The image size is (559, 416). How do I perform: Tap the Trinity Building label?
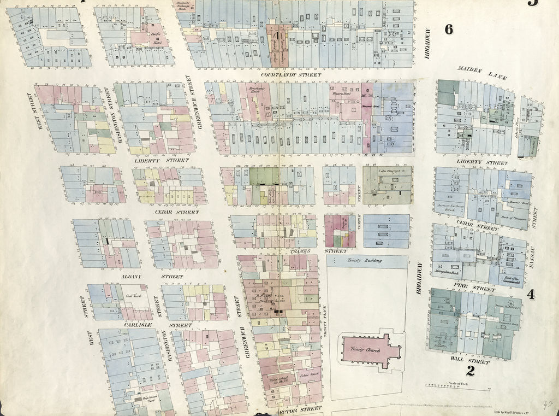coord(367,261)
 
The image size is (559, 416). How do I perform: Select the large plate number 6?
coord(449,30)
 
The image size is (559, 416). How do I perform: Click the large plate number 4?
coord(531,295)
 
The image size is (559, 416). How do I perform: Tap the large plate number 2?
coord(470,372)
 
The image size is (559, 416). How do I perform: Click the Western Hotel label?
coord(341,93)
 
